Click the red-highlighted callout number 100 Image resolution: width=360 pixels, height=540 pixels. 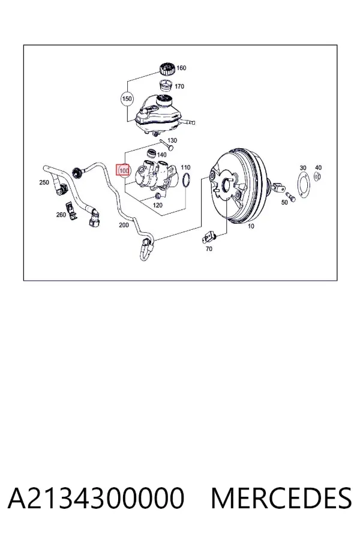point(124,170)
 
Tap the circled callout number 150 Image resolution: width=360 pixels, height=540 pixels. point(127,99)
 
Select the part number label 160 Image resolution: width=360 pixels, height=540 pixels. point(181,68)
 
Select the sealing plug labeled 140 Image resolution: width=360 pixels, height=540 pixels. point(151,153)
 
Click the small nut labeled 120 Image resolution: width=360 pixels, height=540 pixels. point(158,196)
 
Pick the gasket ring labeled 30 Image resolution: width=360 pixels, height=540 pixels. point(303,185)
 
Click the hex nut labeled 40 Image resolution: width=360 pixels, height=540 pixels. point(317,177)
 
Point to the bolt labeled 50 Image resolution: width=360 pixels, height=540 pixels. point(291,197)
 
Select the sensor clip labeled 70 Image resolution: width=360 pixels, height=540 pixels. point(209,238)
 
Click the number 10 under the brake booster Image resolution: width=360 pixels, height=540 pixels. point(251,226)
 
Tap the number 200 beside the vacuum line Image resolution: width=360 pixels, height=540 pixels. point(124,225)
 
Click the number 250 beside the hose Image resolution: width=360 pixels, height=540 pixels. point(44,182)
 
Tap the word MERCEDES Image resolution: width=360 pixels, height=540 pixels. point(281,498)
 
